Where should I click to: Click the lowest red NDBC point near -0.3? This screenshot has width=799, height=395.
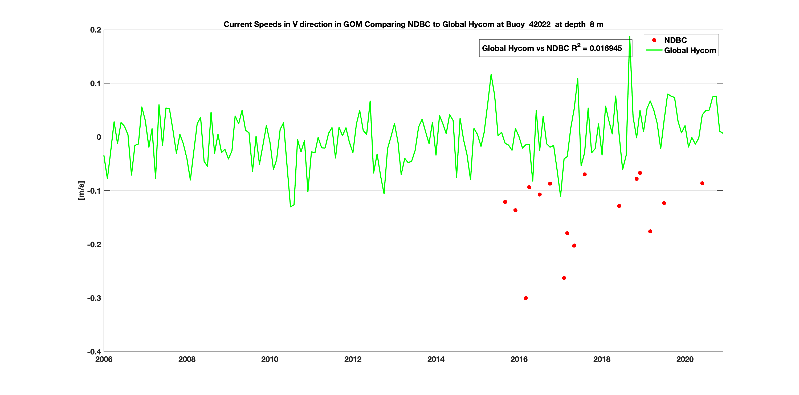pos(525,298)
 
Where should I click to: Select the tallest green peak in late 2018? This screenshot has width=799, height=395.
pos(629,37)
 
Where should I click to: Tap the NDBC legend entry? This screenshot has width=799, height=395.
pos(675,40)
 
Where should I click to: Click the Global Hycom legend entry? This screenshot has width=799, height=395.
pos(690,51)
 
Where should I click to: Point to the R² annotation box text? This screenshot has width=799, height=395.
pos(552,48)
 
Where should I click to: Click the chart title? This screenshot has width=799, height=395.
pos(413,24)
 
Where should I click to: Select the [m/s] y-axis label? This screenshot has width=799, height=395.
pos(81,190)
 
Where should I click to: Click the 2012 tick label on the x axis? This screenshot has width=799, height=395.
pos(353,359)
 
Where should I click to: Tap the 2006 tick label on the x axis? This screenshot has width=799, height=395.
pos(104,359)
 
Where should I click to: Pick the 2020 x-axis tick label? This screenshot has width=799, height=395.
pos(685,359)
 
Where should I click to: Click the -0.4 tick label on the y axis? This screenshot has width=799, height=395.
pos(94,352)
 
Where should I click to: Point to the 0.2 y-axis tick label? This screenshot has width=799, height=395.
pos(96,30)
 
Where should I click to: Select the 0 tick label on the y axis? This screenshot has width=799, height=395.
pos(99,137)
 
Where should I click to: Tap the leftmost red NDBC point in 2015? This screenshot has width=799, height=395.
pos(505,202)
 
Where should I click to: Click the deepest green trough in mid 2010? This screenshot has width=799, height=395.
pos(290,206)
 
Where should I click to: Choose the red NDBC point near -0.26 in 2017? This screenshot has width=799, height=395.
pos(564,278)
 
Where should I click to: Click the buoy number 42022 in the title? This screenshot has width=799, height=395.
pos(540,24)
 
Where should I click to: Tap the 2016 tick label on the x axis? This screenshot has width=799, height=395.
pos(519,359)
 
